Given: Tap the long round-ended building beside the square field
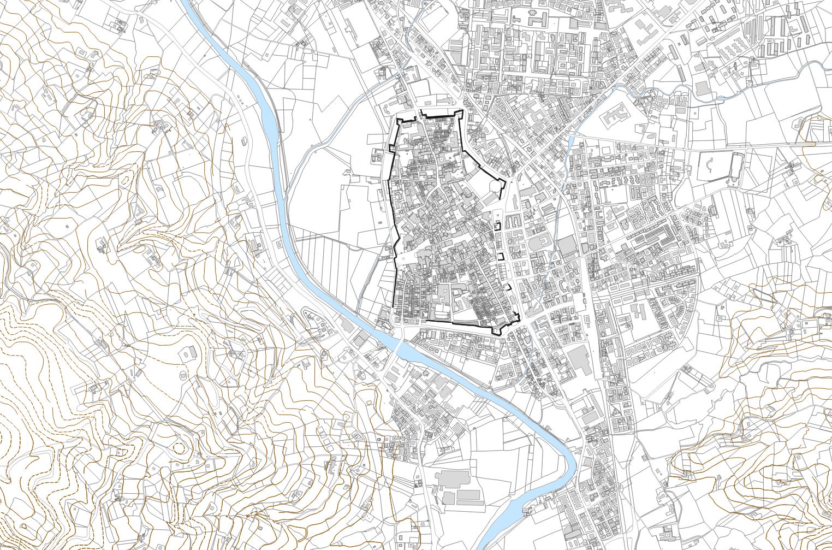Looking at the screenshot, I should tap(736, 166).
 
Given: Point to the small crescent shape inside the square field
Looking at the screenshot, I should tap(710, 165).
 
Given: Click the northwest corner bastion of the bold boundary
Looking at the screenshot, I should tap(402, 121).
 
